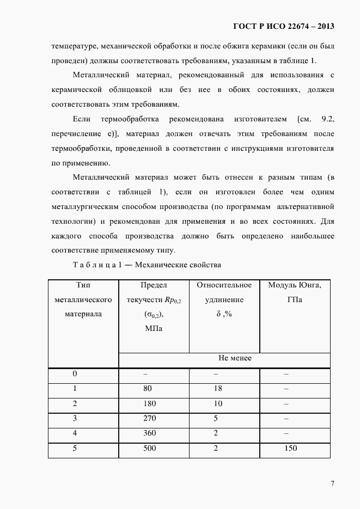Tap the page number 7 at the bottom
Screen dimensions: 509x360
point(332,483)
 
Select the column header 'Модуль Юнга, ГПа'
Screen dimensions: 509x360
point(295,292)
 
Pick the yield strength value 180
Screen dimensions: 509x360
point(150,404)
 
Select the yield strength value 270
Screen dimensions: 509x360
point(150,419)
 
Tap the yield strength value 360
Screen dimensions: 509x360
point(150,433)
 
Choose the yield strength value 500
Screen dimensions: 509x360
point(150,449)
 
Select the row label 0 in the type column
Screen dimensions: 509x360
point(75,374)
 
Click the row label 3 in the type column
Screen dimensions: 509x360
point(75,419)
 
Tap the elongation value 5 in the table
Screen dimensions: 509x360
point(216,419)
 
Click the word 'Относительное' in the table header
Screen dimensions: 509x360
point(224,285)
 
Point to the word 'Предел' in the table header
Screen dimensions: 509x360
point(154,285)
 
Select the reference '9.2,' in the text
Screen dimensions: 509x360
point(325,119)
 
